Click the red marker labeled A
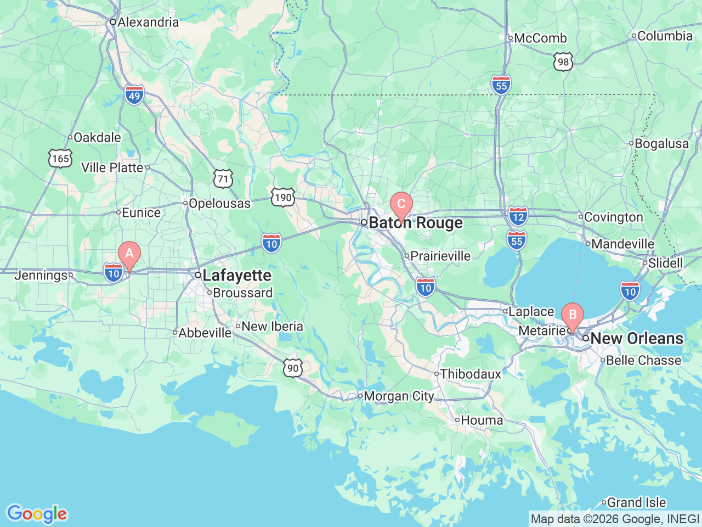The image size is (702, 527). coord(129,254)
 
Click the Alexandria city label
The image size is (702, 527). coord(148,22)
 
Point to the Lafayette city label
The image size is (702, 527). coord(237,275)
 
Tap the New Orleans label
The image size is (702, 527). coord(637,338)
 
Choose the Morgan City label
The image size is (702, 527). coord(399,396)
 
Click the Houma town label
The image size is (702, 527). coord(482,420)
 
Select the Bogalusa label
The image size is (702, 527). coord(661,143)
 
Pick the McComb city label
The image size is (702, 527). coord(540,38)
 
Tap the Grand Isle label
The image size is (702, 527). coord(636,502)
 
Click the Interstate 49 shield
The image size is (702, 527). coord(134,95)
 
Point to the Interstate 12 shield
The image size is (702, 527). coord(518,216)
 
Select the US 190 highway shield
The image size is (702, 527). coord(282,198)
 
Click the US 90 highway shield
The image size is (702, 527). coord(293,368)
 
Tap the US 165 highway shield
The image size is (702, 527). coord(60,159)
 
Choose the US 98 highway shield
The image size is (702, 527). coord(563,62)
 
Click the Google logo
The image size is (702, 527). coord(36,514)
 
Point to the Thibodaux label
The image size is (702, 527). coord(471,374)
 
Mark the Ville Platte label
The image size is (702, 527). coord(112,167)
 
